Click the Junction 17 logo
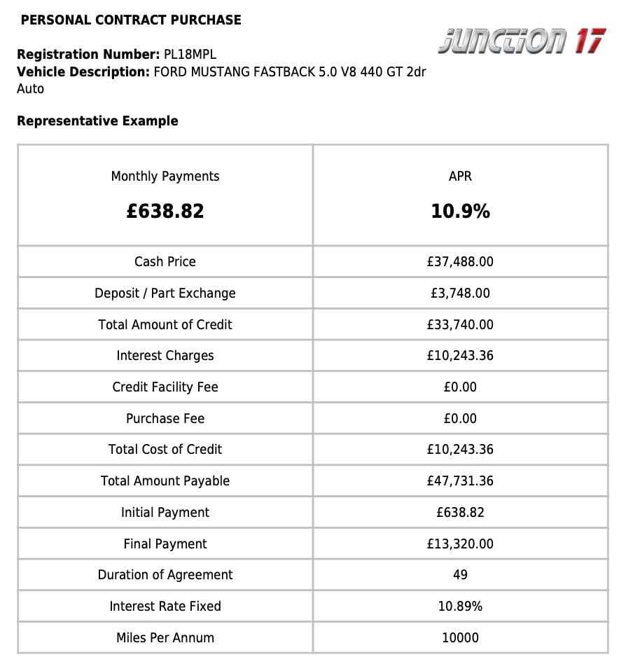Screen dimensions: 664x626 (x=522, y=41)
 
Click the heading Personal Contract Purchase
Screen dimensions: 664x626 (x=131, y=20)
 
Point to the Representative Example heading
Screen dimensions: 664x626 (x=97, y=121)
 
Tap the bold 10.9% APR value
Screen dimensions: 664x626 (x=460, y=212)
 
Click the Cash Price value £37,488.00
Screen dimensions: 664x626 (x=460, y=262)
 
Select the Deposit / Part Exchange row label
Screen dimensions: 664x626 (x=165, y=293)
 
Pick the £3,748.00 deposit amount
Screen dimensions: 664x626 (x=460, y=293)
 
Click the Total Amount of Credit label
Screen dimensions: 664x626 (x=165, y=325)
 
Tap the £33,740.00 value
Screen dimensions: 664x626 (x=460, y=325)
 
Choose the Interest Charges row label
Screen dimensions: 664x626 (x=165, y=356)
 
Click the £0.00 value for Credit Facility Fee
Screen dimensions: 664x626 (x=460, y=387)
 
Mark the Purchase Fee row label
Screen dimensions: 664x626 (x=165, y=419)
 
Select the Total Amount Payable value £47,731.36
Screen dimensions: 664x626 (x=460, y=481)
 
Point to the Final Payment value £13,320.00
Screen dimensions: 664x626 (x=460, y=544)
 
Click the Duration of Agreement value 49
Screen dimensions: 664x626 (x=460, y=575)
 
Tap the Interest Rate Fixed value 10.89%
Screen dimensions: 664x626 (x=460, y=607)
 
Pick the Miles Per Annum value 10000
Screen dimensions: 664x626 (x=460, y=638)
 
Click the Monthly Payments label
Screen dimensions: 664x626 (x=165, y=177)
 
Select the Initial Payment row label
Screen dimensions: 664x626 (x=165, y=513)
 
